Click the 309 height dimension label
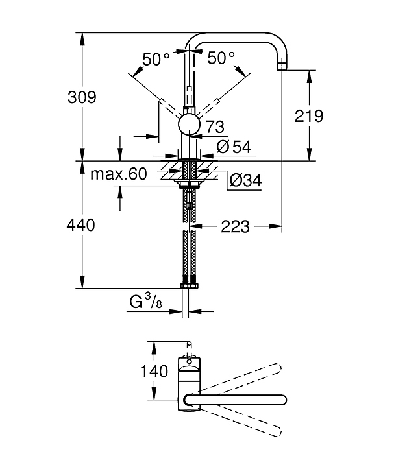pos(82,97)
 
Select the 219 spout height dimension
pos(309,116)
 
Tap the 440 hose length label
pos(82,225)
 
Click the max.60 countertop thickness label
pos(119,174)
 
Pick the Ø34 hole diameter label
pos(245,182)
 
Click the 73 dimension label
pos(215,127)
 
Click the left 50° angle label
pos(156,58)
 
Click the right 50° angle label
pos(221,58)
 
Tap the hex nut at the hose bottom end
pos(189,286)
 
